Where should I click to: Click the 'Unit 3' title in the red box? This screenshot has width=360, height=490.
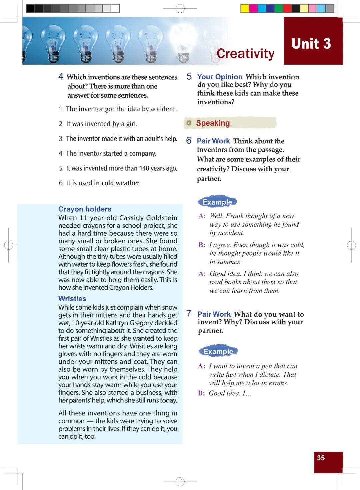tap(311, 44)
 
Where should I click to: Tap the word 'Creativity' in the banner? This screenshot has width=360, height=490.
tap(245, 53)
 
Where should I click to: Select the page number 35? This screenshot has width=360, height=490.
tap(321, 458)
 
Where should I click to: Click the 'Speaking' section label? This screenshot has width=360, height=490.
tap(213, 123)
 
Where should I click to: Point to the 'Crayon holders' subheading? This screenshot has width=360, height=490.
tap(85, 209)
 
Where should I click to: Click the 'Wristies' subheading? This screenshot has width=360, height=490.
tap(72, 299)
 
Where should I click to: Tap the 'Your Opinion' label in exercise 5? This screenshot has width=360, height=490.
tap(220, 77)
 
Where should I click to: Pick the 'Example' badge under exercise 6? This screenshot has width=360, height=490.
tap(217, 202)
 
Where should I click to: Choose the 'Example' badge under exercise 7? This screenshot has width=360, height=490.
tap(218, 351)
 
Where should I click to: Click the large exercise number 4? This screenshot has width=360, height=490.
tap(61, 77)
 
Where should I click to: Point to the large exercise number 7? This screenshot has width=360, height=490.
tap(189, 314)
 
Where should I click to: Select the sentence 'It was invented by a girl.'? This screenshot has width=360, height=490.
tap(102, 124)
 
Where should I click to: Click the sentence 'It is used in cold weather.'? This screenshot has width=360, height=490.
tap(103, 183)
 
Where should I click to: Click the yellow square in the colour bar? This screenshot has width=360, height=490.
tap(245, 9)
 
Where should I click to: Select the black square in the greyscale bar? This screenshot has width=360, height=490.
tap(30, 9)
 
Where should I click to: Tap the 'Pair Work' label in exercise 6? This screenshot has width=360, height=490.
tap(213, 141)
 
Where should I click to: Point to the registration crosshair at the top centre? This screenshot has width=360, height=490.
tap(180, 8)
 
